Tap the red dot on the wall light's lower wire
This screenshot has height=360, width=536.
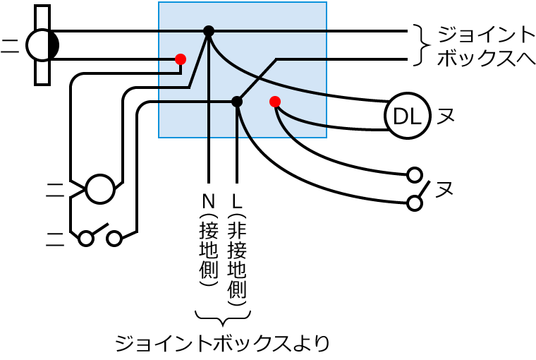point(181,59)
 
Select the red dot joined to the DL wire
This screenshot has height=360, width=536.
point(275,102)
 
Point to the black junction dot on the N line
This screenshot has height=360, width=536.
point(209,30)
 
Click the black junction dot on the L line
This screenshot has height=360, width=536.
point(237,102)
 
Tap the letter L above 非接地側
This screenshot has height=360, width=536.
point(237,200)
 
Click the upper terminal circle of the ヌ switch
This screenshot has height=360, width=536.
point(415,174)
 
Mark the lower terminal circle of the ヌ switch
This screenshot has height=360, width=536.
point(415,203)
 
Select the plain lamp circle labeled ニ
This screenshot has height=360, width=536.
point(99,189)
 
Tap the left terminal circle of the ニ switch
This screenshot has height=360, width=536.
point(86,239)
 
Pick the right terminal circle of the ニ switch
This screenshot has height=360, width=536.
point(114,239)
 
